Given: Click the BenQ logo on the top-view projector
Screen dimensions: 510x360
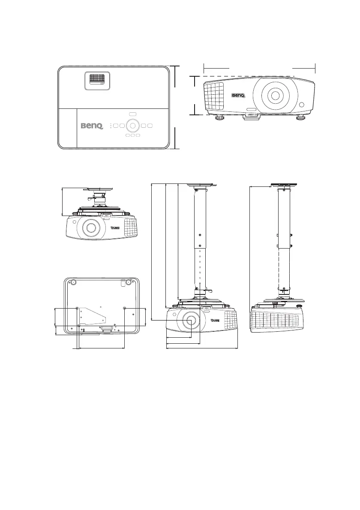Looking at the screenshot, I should coord(93,126).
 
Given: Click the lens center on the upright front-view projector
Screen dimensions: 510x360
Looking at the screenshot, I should coord(275,95).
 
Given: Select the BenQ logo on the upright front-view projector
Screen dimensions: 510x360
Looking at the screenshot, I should coord(240,96).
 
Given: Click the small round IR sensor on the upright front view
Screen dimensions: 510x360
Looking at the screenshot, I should coord(303,105).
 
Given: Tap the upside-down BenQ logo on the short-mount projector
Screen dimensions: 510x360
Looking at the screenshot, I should coord(115,228).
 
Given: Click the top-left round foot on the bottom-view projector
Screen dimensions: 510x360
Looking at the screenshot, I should coord(72,282).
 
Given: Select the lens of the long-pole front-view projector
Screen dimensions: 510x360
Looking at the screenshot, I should coord(190,320).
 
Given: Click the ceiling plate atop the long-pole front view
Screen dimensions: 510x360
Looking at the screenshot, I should coord(201,185).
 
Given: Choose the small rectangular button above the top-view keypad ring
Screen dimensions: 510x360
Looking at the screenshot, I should coord(132,114).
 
